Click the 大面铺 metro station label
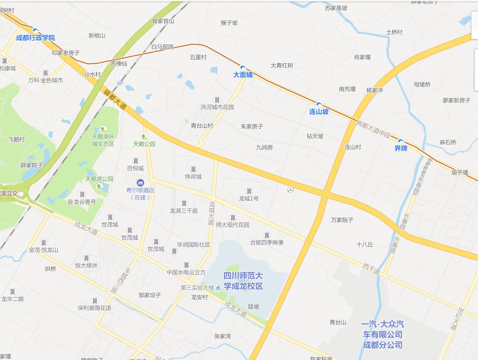(243, 74)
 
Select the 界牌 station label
(400, 148)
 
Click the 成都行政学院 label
(35, 38)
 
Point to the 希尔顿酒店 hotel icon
(140, 182)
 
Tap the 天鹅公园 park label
(144, 144)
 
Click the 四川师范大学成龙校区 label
(243, 281)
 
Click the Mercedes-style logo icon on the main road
(291, 190)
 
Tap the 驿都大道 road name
(115, 99)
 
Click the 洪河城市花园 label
(217, 107)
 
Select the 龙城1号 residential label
(249, 199)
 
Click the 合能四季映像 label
(266, 242)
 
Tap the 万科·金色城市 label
(45, 80)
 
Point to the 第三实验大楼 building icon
(218, 288)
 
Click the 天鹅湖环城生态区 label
(103, 140)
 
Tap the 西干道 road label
(372, 268)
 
